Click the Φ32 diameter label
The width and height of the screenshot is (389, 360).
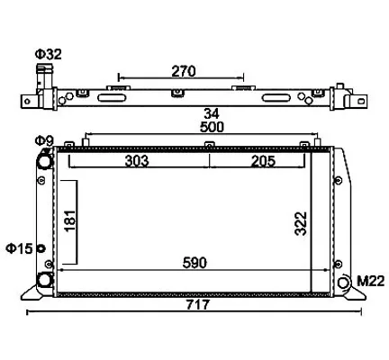pyautogui.click(x=49, y=54)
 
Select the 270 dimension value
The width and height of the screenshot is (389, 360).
pyautogui.click(x=184, y=71)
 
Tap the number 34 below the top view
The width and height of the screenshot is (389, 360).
pyautogui.click(x=212, y=114)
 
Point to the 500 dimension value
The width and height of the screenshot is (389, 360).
pyautogui.click(x=212, y=127)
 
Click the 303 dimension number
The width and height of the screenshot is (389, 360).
pyautogui.click(x=137, y=161)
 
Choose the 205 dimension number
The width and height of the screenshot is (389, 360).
pyautogui.click(x=263, y=161)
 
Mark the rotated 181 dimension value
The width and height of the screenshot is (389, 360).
pyautogui.click(x=70, y=220)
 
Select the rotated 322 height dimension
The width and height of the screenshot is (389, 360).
pyautogui.click(x=301, y=223)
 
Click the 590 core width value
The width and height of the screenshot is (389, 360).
pyautogui.click(x=194, y=263)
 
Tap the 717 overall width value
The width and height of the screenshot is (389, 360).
pyautogui.click(x=198, y=305)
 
